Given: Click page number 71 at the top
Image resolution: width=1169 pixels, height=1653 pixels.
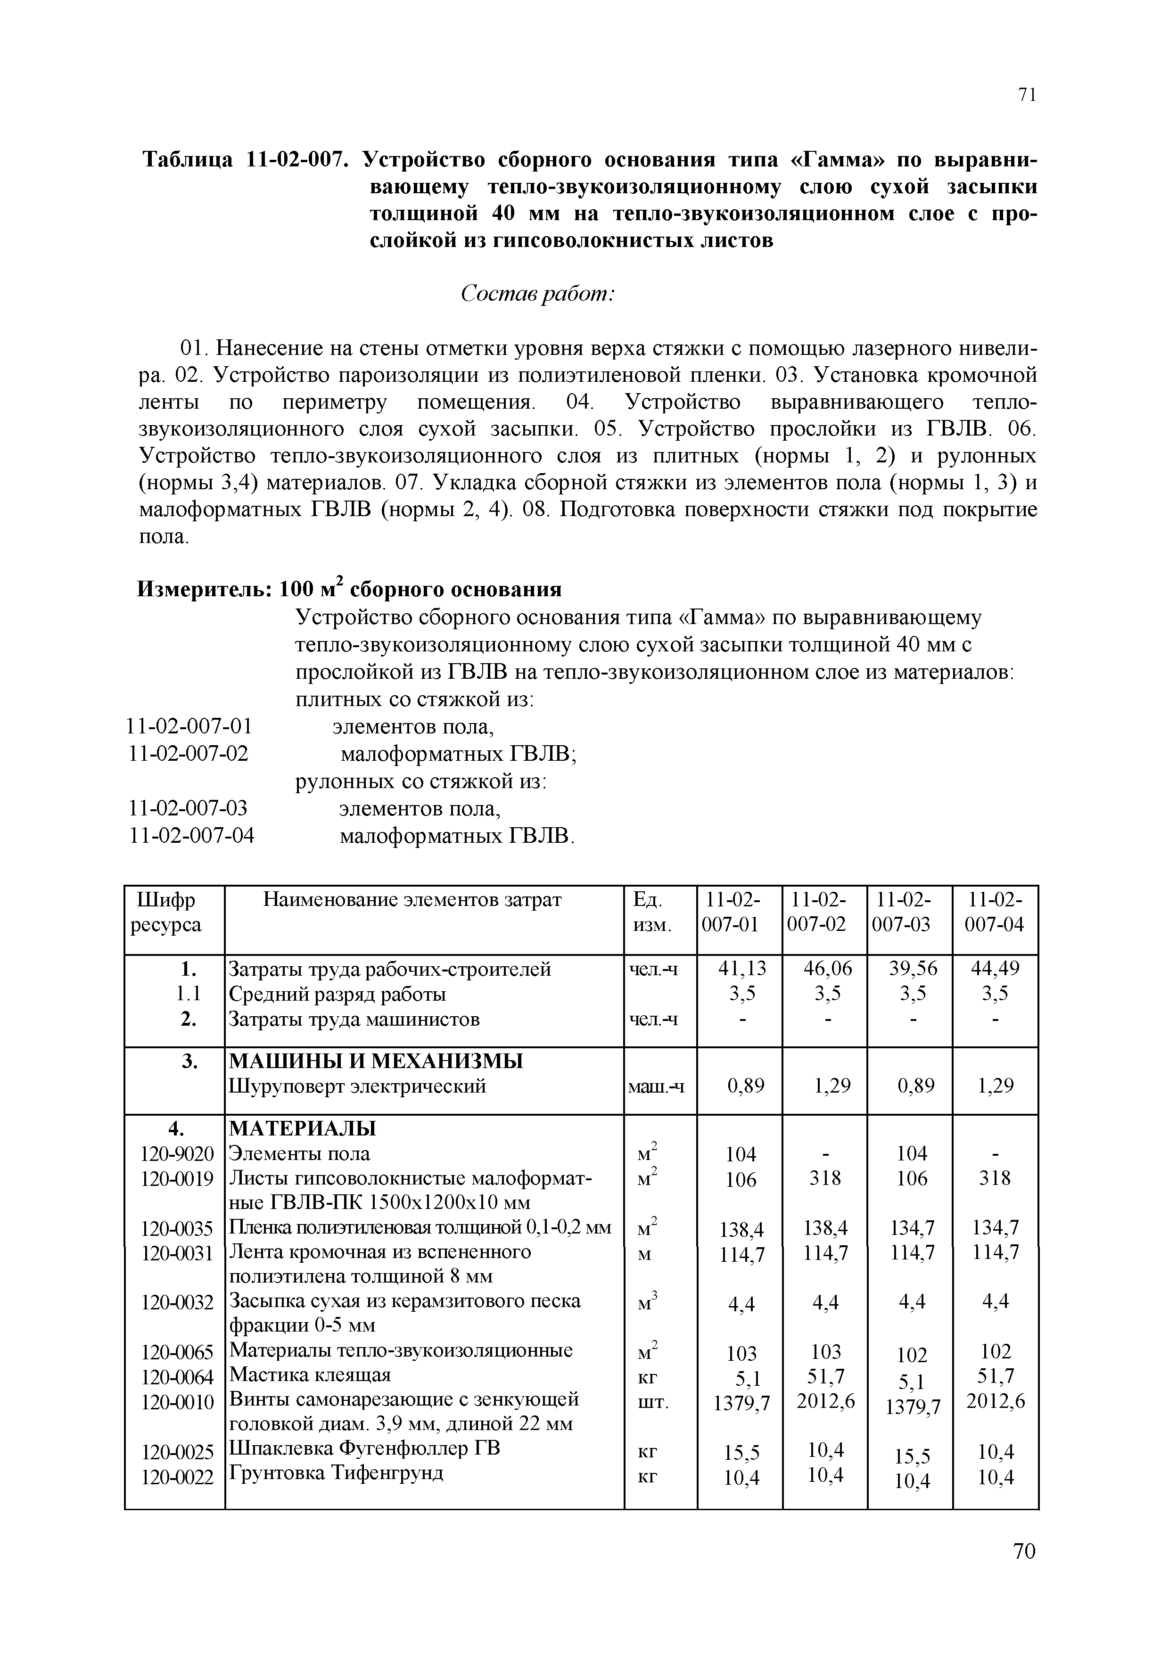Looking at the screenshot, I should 1027,94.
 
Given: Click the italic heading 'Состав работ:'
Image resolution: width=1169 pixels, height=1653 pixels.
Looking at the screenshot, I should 537,294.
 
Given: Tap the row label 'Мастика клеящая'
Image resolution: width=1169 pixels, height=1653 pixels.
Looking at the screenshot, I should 310,1374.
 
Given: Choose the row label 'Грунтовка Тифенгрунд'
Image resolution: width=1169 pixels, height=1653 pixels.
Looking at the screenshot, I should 336,1473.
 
